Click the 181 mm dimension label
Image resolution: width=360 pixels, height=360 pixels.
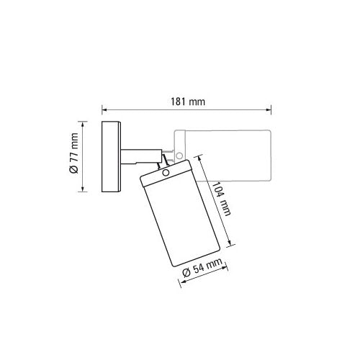[188, 102]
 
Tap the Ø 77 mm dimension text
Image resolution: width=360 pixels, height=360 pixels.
[74, 153]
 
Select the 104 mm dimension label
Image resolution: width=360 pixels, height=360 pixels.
[222, 199]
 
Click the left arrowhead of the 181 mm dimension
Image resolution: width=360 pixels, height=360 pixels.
[104, 110]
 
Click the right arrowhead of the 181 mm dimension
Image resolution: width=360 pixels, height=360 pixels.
[269, 110]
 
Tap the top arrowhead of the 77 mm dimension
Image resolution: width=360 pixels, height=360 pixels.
[83, 125]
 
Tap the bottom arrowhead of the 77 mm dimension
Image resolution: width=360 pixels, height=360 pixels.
[83, 189]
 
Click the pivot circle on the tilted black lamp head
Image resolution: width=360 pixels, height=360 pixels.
[166, 173]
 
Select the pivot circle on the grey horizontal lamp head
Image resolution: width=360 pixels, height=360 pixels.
[179, 156]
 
